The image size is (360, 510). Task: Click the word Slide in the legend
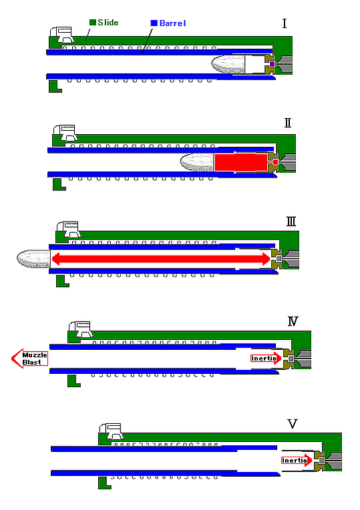[108, 23]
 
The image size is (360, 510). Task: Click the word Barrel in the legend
[172, 23]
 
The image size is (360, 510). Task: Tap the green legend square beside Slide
[93, 22]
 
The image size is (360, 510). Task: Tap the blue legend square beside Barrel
[154, 23]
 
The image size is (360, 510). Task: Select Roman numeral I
[285, 23]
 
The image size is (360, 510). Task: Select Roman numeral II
[288, 123]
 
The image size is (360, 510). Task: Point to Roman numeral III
[291, 222]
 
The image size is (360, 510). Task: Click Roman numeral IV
[293, 321]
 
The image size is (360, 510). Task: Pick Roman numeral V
[293, 423]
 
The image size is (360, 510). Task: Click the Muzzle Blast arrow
[29, 358]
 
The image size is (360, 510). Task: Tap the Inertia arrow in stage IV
[266, 358]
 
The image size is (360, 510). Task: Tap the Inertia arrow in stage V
[297, 460]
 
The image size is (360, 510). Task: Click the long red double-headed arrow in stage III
[161, 259]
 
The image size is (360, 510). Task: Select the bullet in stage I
[228, 64]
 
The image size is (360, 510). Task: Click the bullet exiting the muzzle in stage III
[33, 259]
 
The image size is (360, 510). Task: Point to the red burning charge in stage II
[241, 162]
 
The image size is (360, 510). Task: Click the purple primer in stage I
[272, 64]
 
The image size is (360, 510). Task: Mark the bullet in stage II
[197, 162]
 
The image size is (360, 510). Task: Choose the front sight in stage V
[112, 431]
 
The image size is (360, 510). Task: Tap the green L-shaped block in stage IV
[73, 381]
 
